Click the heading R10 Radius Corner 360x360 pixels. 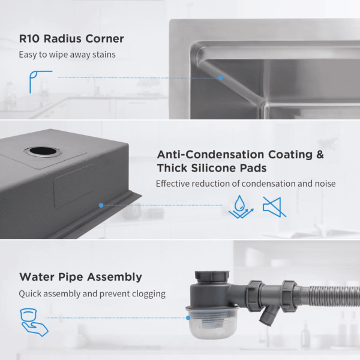pos(71,38)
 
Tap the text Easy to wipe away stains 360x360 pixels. pos(67,55)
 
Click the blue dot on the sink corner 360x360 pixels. pos(220,77)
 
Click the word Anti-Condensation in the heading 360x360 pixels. pos(211,154)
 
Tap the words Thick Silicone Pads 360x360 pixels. pos(212,168)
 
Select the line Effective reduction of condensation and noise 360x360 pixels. pos(245,184)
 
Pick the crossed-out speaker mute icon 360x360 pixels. pos(275,206)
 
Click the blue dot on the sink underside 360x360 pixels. pos(101,205)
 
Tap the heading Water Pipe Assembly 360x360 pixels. pos(80,277)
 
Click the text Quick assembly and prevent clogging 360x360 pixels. pos(92,293)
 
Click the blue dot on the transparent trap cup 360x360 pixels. pos(188,318)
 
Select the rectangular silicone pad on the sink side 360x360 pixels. pos(73,185)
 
